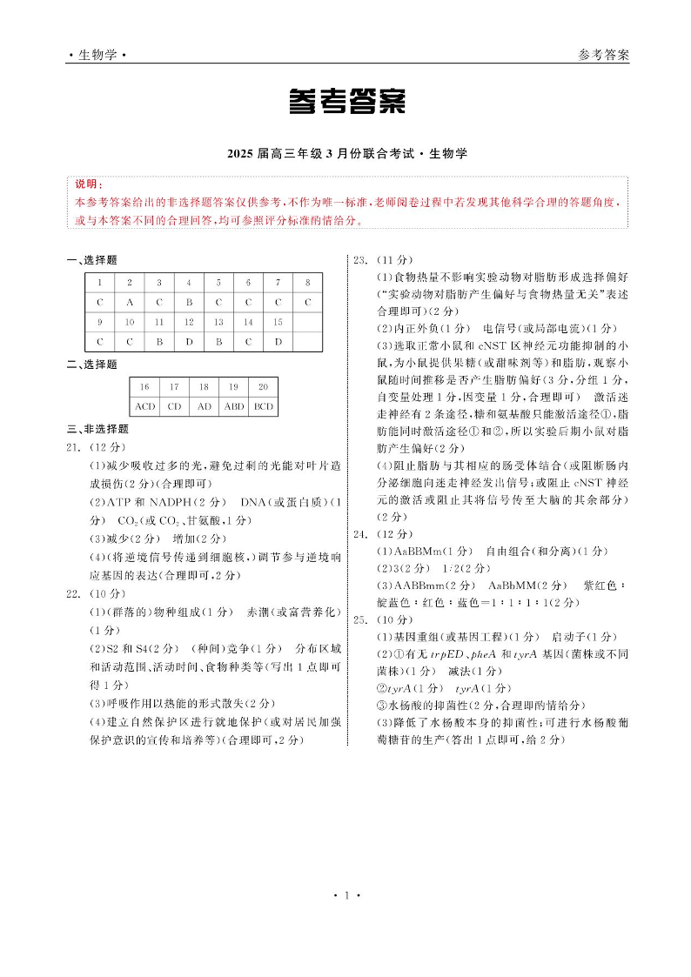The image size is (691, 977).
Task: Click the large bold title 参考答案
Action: (x=346, y=103)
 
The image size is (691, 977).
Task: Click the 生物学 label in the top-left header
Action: (x=97, y=55)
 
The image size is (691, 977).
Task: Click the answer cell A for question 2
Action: (x=130, y=302)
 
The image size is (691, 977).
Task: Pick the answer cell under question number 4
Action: (x=189, y=302)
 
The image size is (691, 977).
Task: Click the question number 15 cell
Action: (x=278, y=322)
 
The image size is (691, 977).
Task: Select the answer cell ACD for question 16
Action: (x=144, y=406)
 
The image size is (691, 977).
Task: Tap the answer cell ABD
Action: (x=233, y=406)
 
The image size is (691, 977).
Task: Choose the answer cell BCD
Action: (x=263, y=406)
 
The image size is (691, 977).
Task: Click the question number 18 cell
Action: (x=204, y=386)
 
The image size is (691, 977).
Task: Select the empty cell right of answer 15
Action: (x=307, y=341)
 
